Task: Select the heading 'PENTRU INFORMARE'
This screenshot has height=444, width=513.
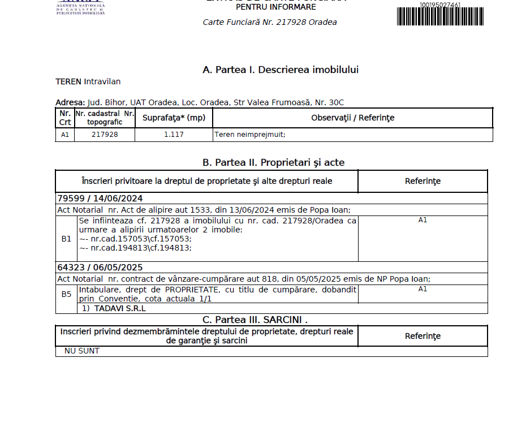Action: pyautogui.click(x=275, y=7)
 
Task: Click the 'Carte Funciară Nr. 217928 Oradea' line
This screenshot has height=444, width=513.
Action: pyautogui.click(x=270, y=23)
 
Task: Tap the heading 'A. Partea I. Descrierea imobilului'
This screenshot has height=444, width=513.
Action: pyautogui.click(x=281, y=70)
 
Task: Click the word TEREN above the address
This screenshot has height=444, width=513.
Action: pyautogui.click(x=68, y=81)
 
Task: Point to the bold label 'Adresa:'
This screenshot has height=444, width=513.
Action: pyautogui.click(x=70, y=102)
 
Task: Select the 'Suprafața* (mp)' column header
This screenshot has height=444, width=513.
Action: pyautogui.click(x=174, y=118)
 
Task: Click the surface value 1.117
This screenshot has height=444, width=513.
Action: pyautogui.click(x=174, y=135)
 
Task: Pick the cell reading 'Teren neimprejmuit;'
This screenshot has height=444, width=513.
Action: pyautogui.click(x=249, y=135)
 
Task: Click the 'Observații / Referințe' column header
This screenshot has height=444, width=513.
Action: pyautogui.click(x=352, y=118)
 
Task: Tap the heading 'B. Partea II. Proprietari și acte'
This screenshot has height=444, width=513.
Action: pyautogui.click(x=273, y=162)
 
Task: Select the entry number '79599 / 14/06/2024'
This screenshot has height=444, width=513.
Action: pyautogui.click(x=100, y=199)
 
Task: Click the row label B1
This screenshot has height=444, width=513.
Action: pyautogui.click(x=66, y=239)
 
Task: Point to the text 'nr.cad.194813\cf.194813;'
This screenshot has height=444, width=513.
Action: pyautogui.click(x=139, y=247)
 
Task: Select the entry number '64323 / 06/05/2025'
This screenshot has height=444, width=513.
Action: pyautogui.click(x=100, y=268)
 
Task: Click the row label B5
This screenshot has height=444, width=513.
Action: pyautogui.click(x=66, y=294)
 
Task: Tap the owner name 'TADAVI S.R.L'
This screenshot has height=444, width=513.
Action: pyautogui.click(x=120, y=309)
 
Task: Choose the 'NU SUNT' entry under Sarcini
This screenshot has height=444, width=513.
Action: pyautogui.click(x=82, y=351)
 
